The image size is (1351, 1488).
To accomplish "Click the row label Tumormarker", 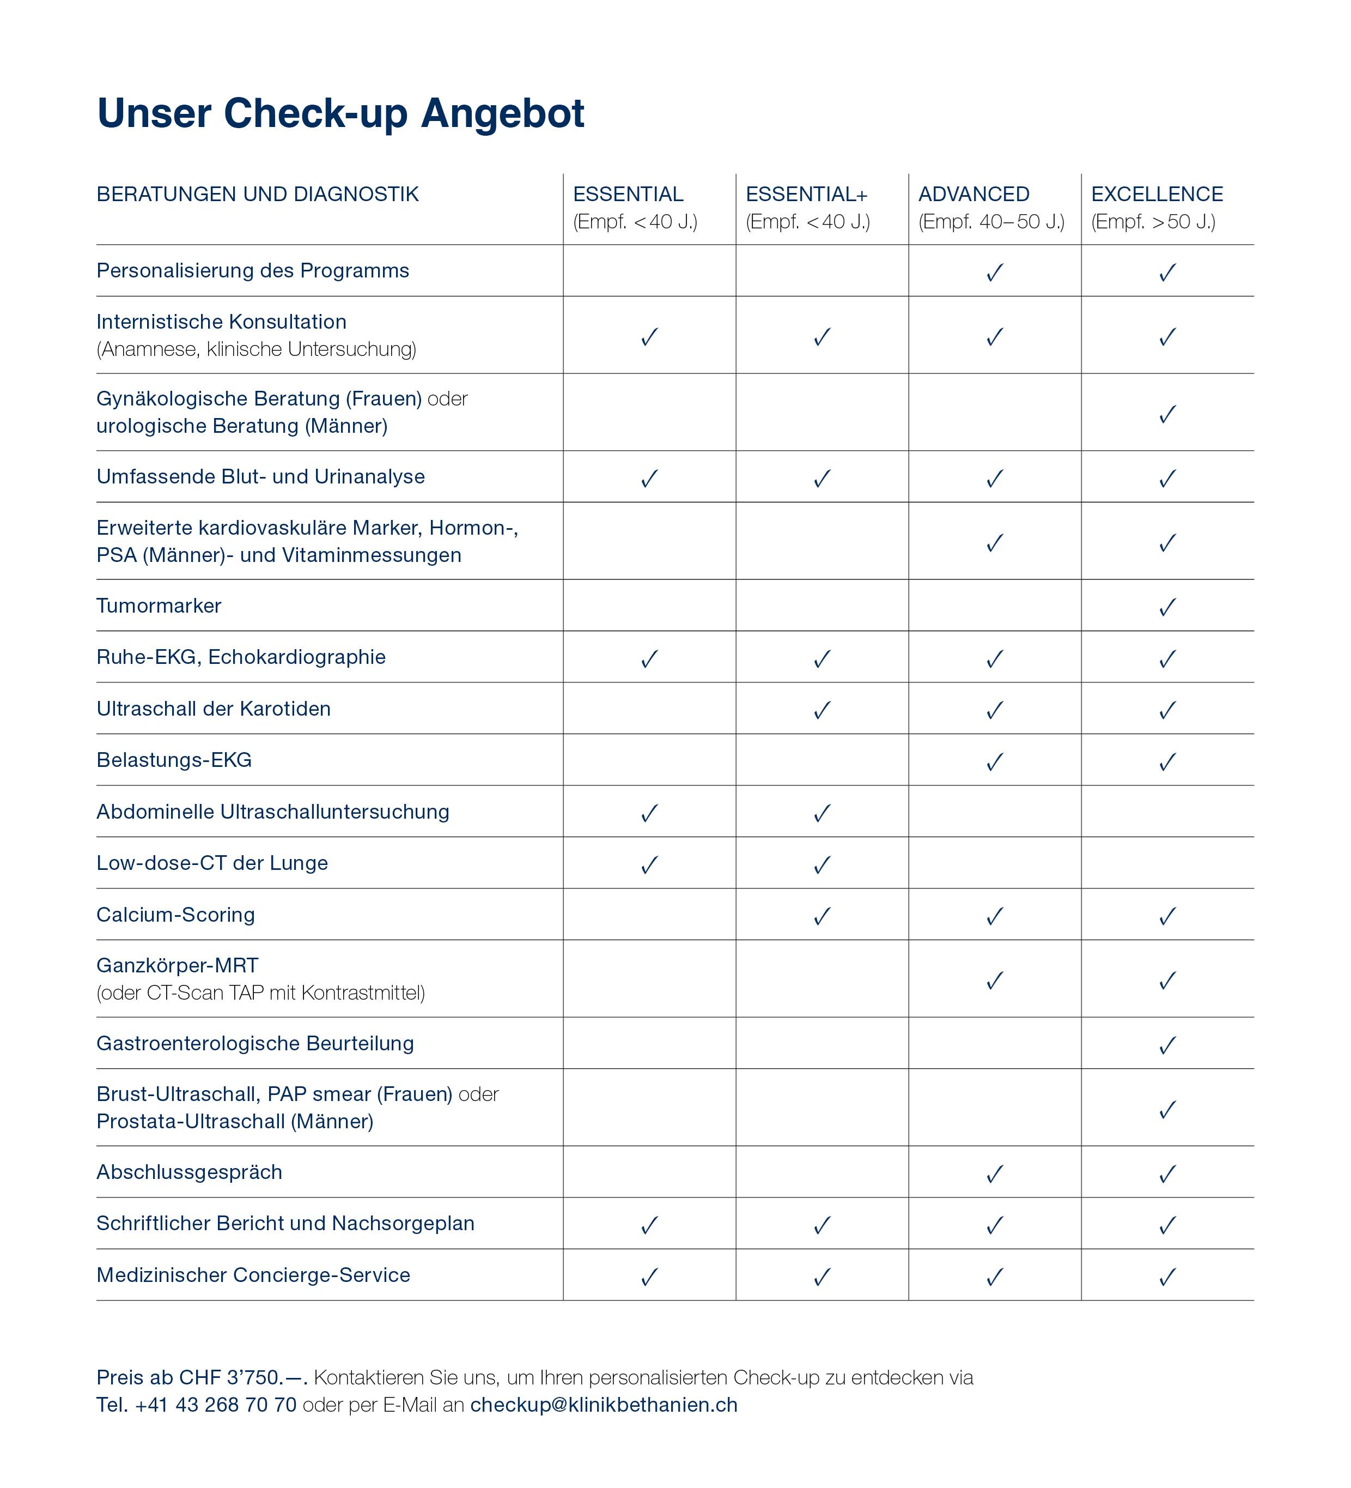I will coord(159,606).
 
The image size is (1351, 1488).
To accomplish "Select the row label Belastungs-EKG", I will coord(174,760).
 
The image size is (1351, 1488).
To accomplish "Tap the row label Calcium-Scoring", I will coord(175,915).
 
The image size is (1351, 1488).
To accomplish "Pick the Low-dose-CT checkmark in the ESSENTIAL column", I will coord(649,864).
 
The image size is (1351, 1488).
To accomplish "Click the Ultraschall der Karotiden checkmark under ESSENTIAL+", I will coord(822,710).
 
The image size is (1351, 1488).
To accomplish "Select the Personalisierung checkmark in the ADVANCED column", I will coord(995,273).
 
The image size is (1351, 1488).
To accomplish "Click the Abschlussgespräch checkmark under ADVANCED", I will coord(995,1174).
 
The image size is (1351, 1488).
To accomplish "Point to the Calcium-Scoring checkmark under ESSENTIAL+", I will coord(822,916).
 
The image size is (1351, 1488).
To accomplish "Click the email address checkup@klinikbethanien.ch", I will coord(604,1405).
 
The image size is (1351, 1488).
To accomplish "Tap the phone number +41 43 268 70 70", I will coord(215,1405).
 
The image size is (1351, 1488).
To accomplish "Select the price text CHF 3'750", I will coord(229,1377).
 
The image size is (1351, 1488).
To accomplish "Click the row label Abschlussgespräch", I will coord(189,1172).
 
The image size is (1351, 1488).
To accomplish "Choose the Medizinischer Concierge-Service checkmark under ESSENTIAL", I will coord(649,1277).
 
